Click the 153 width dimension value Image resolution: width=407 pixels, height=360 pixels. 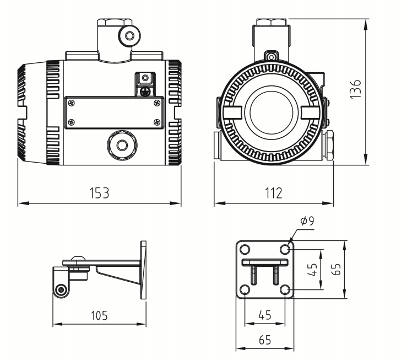click(x=100, y=193)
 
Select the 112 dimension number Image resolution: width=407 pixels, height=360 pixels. click(x=273, y=193)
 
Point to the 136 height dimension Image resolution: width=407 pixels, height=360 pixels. click(x=356, y=89)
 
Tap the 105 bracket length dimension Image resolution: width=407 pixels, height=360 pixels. click(x=100, y=315)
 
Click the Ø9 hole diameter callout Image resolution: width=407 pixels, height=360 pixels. click(x=307, y=222)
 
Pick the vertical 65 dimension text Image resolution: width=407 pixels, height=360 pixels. click(x=336, y=268)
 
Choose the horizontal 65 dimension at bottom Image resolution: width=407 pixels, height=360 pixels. click(x=265, y=340)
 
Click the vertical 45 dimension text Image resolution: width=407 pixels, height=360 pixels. click(x=312, y=269)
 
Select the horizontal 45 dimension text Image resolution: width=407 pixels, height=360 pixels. click(x=265, y=315)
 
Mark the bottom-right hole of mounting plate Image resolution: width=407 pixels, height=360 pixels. click(x=285, y=289)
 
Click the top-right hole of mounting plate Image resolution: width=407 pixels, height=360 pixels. click(x=285, y=249)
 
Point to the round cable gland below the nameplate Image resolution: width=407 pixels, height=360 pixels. click(x=122, y=144)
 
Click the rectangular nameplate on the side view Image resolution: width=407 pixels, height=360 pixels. click(x=115, y=113)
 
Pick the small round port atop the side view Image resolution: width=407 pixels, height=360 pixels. click(x=129, y=36)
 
